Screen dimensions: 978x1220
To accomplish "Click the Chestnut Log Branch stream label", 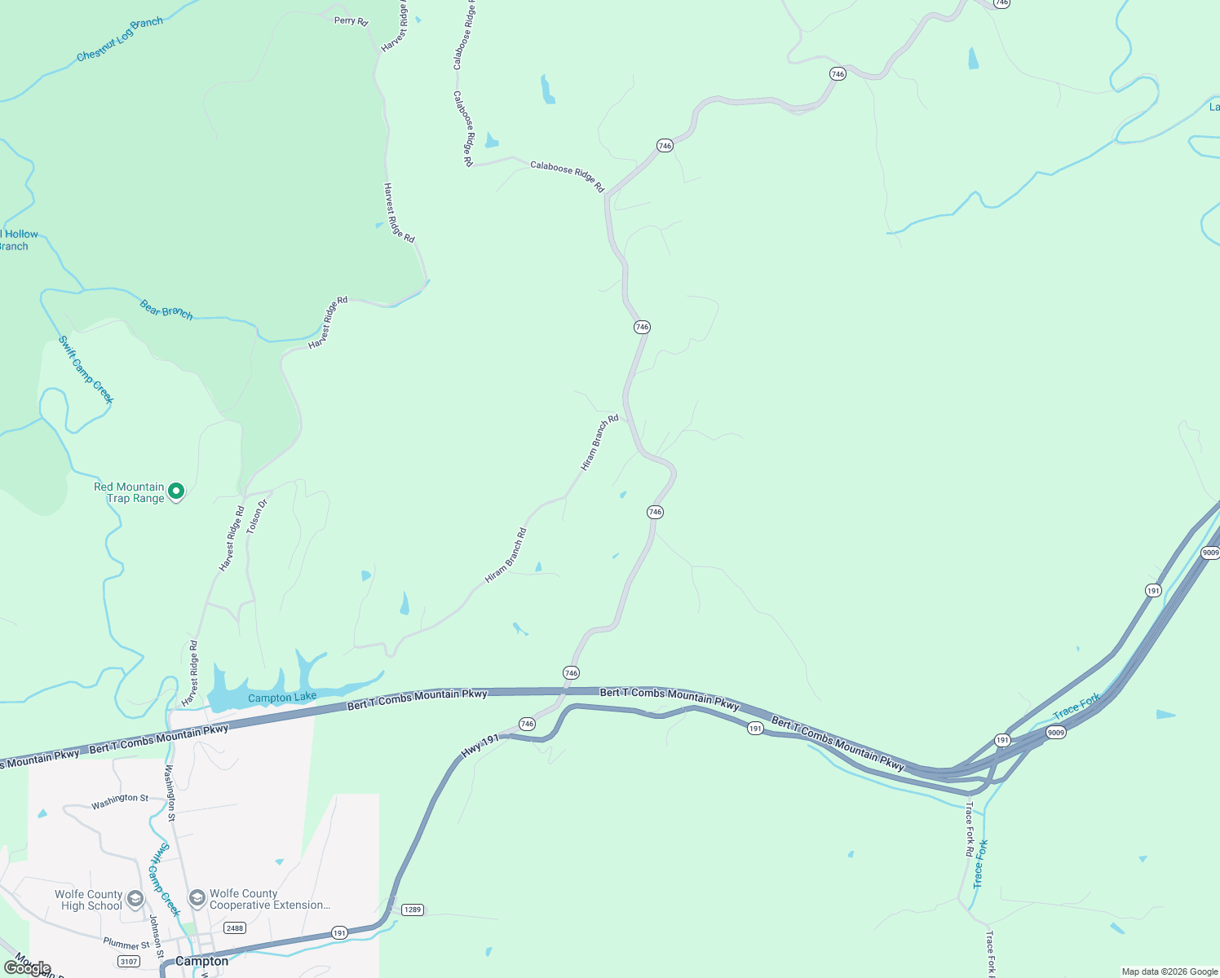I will coord(119,39).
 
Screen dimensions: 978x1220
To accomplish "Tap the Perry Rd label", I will coord(351,20).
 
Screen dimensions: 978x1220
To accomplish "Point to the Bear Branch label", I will coord(166,310).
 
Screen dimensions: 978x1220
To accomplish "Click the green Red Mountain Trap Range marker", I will coord(176,491).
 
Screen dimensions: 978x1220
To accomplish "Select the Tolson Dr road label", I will coord(256,516).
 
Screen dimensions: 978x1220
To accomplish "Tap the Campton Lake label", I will coord(282,698).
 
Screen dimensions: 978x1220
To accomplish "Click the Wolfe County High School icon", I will coord(135,899).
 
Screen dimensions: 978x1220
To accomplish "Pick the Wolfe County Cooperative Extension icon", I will coord(197,898).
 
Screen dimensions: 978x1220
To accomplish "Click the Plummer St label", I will coord(126,944).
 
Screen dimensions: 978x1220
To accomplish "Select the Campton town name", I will coord(202,961).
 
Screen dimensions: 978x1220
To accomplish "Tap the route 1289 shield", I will coord(413,910).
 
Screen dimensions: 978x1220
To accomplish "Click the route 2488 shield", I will coord(235,927).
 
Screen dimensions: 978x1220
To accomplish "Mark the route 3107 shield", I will coord(129,962).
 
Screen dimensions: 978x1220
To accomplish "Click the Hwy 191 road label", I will coord(480,746).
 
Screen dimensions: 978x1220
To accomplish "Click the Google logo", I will coord(28,968).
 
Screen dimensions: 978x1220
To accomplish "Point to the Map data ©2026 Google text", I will coord(1169,971).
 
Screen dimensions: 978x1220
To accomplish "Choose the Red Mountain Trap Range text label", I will coord(129,492).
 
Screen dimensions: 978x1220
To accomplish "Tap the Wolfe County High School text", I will coord(89,900).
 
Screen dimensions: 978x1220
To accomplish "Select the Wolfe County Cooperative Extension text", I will coord(270,899).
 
